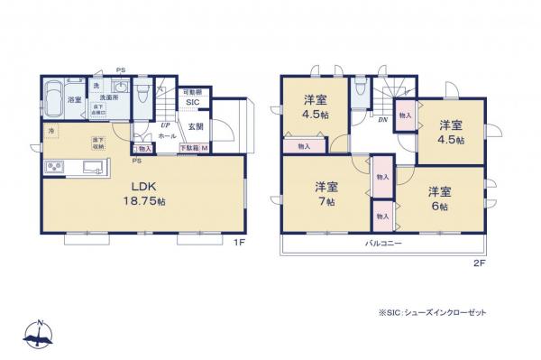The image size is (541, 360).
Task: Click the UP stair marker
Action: (x=165, y=125)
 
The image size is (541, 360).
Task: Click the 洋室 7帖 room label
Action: (x=326, y=194)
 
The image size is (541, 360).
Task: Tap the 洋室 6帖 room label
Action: (x=439, y=198)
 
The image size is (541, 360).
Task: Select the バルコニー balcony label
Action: (x=383, y=244)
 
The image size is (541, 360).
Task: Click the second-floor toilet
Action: (x=360, y=88)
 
